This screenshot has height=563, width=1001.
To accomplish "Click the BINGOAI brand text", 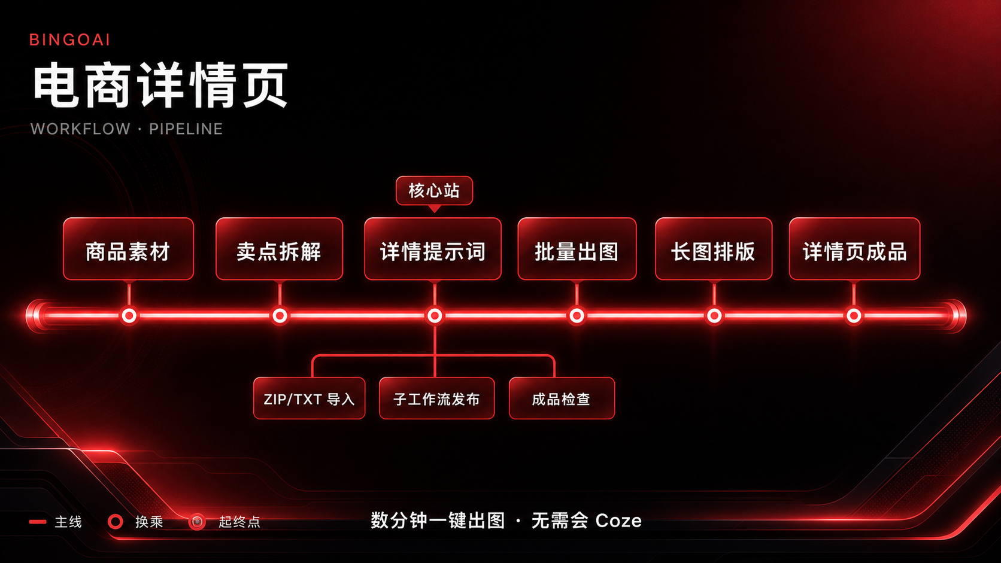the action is [x=69, y=39].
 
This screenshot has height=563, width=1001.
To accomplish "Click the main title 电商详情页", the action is [x=161, y=86].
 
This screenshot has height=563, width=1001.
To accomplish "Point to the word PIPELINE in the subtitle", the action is [x=186, y=129].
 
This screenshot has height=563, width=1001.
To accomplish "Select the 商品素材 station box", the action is [x=128, y=249].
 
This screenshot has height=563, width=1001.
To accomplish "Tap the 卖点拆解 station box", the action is [x=280, y=249].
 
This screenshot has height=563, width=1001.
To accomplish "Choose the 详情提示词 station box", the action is [x=433, y=249].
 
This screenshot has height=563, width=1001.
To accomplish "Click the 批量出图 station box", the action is [x=577, y=249].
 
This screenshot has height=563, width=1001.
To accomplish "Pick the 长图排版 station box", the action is [x=714, y=249].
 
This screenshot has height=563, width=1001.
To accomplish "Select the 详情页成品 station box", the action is [x=854, y=249].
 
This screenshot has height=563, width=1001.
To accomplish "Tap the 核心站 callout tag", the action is [x=435, y=191].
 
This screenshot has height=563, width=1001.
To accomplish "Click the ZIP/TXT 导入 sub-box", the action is [x=310, y=398].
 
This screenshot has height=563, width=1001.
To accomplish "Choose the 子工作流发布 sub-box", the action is [x=436, y=398].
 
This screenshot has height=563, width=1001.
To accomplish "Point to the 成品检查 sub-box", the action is [x=562, y=398].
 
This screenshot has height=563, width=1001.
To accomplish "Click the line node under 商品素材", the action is [x=129, y=316].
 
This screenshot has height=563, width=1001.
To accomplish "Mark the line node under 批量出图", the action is [x=577, y=316].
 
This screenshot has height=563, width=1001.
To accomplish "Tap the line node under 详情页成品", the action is [x=854, y=316].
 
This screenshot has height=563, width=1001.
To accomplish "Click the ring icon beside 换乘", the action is [x=116, y=522].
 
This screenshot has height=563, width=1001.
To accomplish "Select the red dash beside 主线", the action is [x=38, y=522].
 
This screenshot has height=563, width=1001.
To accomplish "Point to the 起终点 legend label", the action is [x=239, y=522].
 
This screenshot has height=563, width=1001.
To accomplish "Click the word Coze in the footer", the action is [x=618, y=521].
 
